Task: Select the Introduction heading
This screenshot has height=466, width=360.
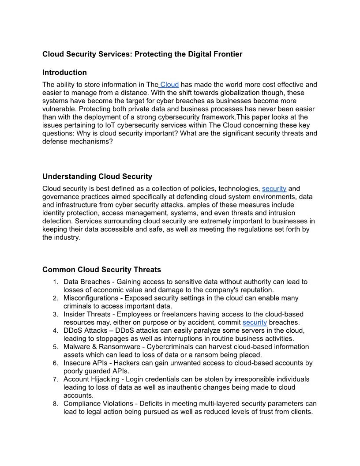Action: point(64,72)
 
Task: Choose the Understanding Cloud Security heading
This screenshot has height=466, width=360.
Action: point(97,177)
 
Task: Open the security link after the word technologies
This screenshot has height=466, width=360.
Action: point(274,188)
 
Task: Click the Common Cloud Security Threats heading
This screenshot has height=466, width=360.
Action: point(101,270)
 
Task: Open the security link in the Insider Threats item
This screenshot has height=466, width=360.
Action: point(255,322)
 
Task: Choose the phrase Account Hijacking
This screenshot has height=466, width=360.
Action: point(91,379)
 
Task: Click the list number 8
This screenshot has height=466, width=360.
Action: point(55,403)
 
